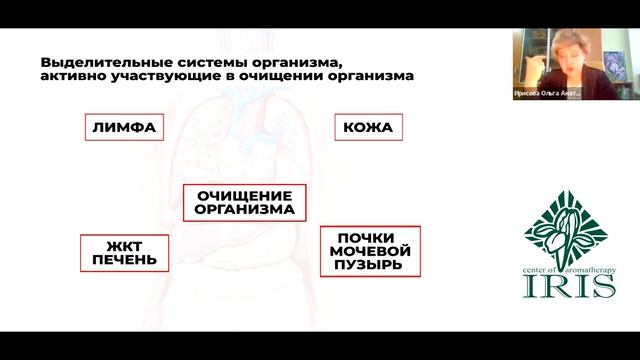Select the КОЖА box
tap(367, 128)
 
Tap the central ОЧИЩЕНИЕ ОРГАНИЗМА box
tap(245, 202)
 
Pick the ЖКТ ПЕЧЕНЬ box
tap(123, 252)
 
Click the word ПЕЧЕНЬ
tap(123, 260)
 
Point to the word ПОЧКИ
tap(370, 237)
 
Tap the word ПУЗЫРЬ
tap(370, 266)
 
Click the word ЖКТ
tap(123, 244)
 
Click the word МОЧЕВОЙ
tap(370, 251)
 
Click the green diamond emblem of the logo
tap(565, 218)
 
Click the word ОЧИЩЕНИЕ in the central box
tap(245, 195)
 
